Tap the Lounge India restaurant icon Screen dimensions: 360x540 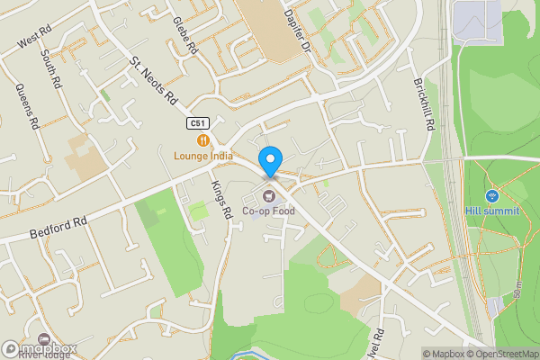(204, 139)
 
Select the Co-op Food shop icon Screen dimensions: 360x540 (268, 196)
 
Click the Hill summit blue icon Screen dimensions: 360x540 (491, 195)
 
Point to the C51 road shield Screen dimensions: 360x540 (198, 123)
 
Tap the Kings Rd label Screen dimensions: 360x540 (221, 199)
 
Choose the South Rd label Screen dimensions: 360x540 (50, 69)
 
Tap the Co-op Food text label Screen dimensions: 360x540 (268, 211)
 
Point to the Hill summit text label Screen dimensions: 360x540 (492, 211)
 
